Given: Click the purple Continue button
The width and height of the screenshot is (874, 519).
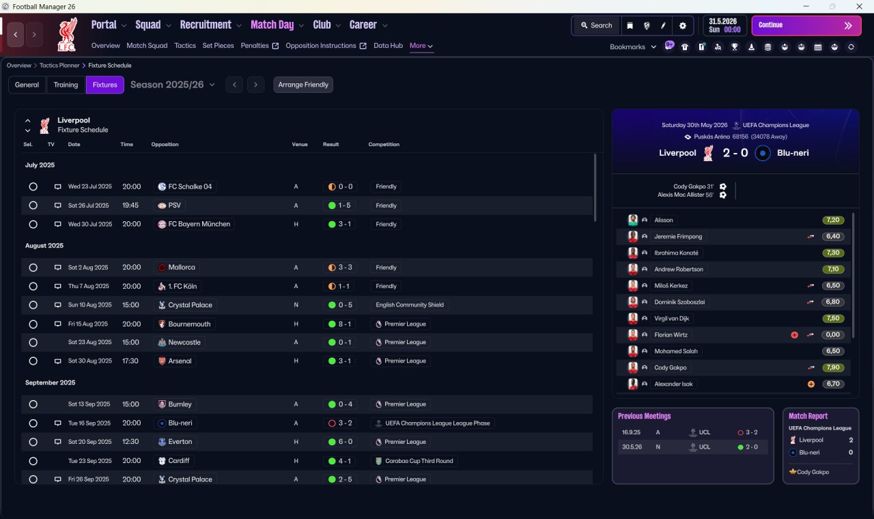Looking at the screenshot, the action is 806,25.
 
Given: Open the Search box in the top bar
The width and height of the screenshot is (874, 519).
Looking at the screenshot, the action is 597,25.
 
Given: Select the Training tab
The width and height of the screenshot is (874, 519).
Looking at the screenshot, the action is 66,85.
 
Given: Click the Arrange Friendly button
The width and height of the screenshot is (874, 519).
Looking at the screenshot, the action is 303,85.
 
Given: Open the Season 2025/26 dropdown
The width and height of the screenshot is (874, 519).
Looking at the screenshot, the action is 173,85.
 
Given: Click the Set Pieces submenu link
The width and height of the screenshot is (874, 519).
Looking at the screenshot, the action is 218,46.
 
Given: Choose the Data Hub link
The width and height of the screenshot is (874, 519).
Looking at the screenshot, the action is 389,46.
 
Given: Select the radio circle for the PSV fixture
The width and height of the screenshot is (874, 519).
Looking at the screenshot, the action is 33,206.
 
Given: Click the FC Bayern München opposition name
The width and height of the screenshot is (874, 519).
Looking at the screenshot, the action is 199,224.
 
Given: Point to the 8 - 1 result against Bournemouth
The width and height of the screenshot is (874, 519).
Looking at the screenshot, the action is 340,324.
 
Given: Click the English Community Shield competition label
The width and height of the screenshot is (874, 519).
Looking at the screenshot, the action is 410,305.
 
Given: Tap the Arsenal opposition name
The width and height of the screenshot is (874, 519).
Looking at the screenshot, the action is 180,361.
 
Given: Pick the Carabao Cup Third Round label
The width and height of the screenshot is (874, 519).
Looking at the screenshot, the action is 419,461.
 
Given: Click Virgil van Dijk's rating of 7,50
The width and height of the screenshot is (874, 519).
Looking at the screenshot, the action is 833,318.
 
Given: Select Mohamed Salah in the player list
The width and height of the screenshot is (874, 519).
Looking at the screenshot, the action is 676,351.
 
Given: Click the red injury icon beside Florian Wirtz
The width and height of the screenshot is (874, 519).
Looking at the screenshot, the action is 794,335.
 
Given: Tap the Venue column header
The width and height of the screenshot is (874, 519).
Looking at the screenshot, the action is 300,144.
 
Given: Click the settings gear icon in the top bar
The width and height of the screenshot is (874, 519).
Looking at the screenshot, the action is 682,26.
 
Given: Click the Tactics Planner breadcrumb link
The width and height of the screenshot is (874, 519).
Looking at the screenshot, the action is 59,66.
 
